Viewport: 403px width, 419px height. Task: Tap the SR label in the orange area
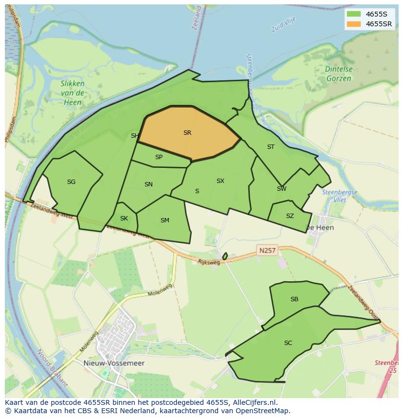pos(187,132)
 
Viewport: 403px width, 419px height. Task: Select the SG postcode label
pos(71,182)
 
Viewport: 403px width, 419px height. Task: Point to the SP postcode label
pos(159,157)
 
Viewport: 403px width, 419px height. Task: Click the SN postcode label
pos(148,184)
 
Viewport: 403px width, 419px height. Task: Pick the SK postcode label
pos(124,218)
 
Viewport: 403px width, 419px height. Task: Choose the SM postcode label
pos(165,220)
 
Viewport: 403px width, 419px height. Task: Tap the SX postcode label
pos(220,181)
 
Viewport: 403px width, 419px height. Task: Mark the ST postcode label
pos(271,146)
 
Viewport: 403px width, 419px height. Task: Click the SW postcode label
pos(281,189)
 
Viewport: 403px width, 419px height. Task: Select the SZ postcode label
pos(290,216)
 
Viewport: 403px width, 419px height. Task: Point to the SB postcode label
pos(294,299)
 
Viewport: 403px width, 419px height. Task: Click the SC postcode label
pos(288,343)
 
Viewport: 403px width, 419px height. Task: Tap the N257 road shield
pos(267,251)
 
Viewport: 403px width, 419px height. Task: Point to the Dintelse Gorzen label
pos(339,73)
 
